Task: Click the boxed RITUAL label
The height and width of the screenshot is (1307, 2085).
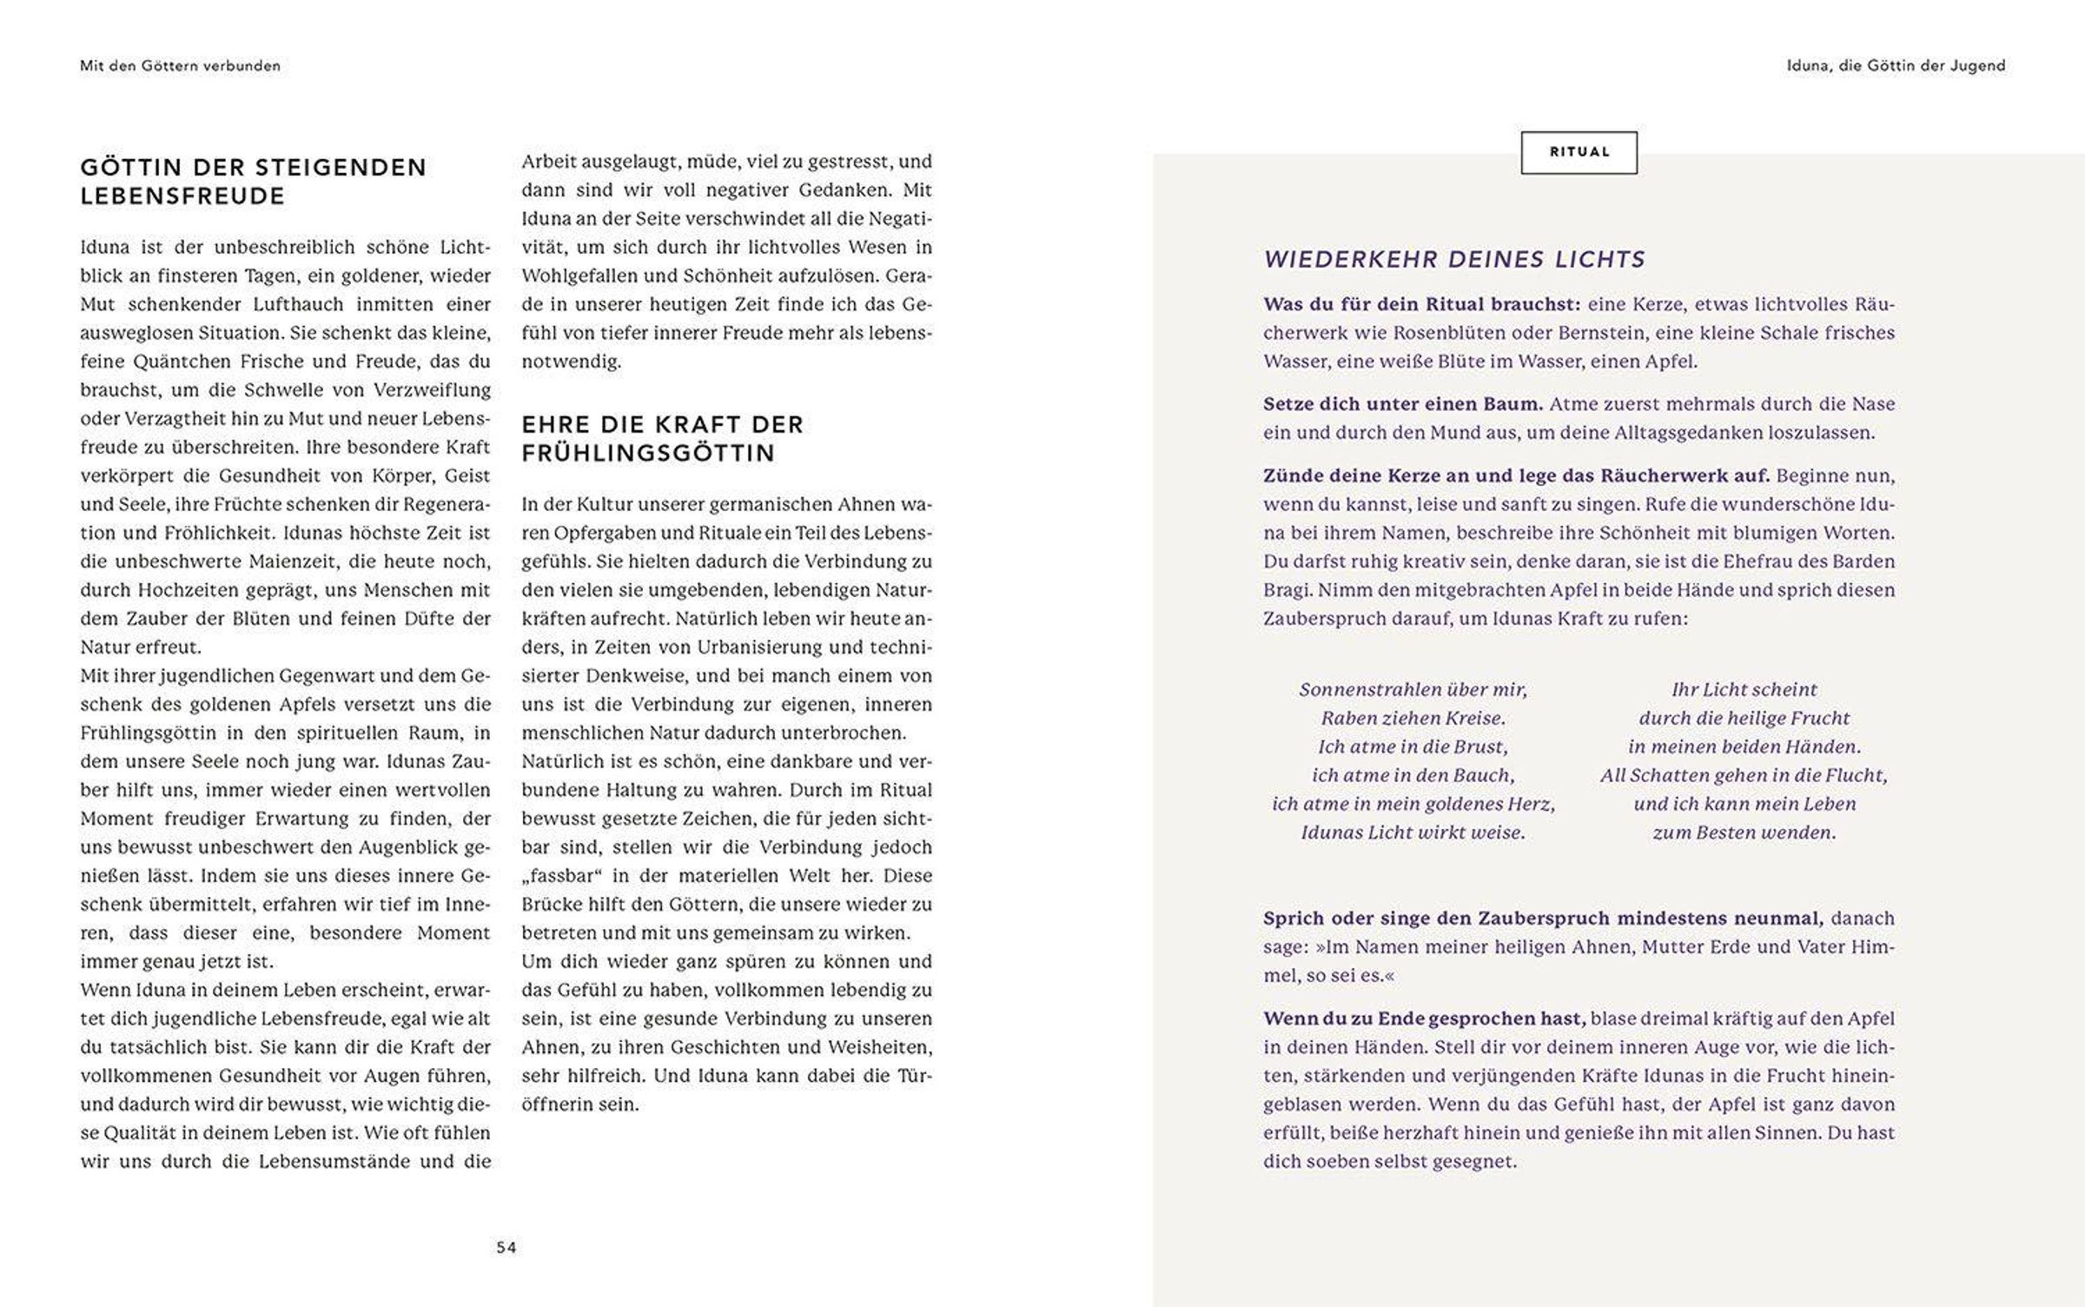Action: click(1579, 152)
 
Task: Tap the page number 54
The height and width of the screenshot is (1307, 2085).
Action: click(506, 1248)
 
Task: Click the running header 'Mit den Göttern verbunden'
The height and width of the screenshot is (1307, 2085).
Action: click(180, 66)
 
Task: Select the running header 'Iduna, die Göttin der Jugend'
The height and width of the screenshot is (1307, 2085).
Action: click(1896, 66)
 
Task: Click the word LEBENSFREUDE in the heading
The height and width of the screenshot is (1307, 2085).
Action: click(182, 196)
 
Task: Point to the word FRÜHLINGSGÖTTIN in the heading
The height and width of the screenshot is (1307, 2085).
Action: click(648, 454)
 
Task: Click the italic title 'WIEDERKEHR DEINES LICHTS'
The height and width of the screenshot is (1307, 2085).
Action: click(1454, 259)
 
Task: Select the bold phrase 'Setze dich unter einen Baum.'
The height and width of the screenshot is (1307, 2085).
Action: click(1403, 404)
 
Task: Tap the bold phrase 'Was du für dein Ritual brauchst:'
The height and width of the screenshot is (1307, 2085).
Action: click(1421, 304)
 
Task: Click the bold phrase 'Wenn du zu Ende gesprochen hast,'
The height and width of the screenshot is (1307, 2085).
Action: click(1425, 1018)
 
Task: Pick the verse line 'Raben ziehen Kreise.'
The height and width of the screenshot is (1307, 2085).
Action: click(1413, 719)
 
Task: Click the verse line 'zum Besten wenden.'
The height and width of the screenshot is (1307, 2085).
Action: click(1744, 833)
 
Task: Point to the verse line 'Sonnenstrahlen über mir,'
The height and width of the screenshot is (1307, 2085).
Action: click(1413, 690)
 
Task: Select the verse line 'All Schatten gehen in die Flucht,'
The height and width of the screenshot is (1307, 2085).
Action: click(1744, 775)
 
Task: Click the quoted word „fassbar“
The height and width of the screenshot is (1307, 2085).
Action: click(564, 876)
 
